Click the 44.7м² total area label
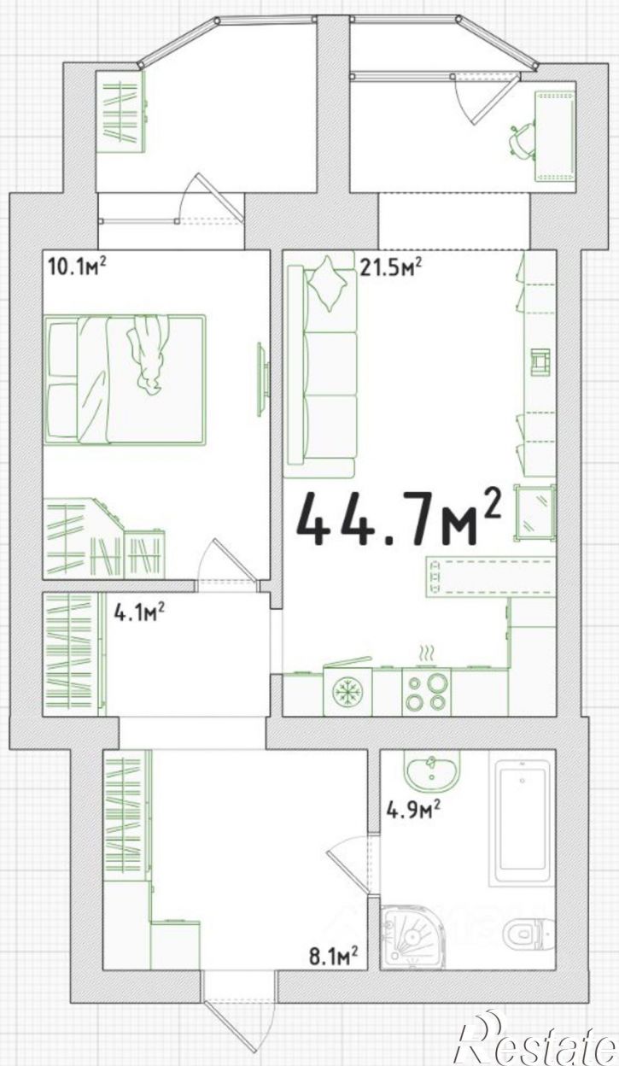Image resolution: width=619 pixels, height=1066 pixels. pyautogui.click(x=399, y=518)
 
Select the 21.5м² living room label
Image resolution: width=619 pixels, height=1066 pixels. pyautogui.click(x=391, y=267)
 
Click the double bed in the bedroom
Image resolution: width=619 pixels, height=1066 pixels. pyautogui.click(x=125, y=379)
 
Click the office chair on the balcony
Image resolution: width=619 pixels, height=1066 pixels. pyautogui.click(x=523, y=138)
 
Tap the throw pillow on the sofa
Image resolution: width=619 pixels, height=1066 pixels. pyautogui.click(x=327, y=284)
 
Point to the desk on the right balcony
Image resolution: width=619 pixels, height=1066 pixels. pyautogui.click(x=555, y=137)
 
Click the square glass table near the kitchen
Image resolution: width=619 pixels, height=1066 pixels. pyautogui.click(x=534, y=512)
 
